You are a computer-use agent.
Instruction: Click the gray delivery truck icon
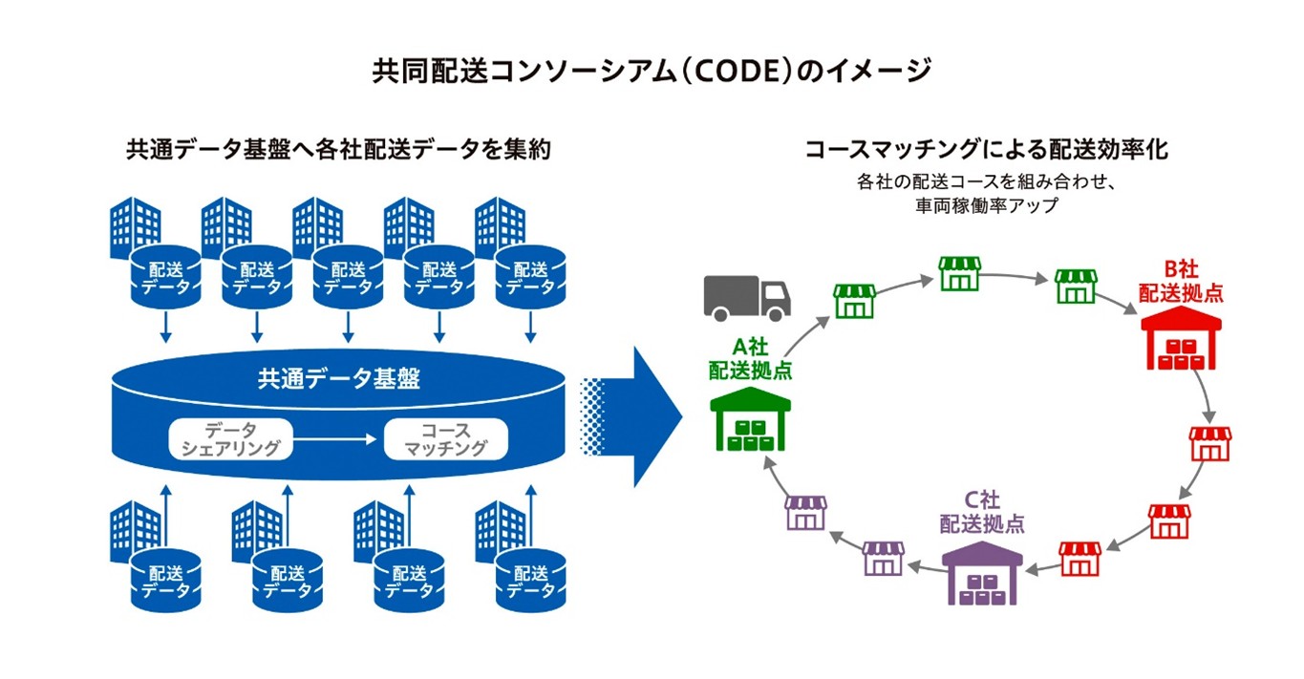[747, 297]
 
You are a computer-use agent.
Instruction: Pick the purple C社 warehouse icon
[982, 572]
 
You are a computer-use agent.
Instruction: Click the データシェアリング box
[230, 438]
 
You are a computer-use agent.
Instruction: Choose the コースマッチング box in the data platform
[445, 438]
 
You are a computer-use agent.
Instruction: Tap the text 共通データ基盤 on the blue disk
[339, 379]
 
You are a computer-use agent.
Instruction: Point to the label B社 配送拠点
[1181, 283]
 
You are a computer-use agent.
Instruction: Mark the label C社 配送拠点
[982, 512]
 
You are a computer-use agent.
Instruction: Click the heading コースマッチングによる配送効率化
[987, 150]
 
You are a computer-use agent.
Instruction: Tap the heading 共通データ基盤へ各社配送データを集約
[338, 150]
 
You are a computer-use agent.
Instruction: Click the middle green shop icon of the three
[960, 273]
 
